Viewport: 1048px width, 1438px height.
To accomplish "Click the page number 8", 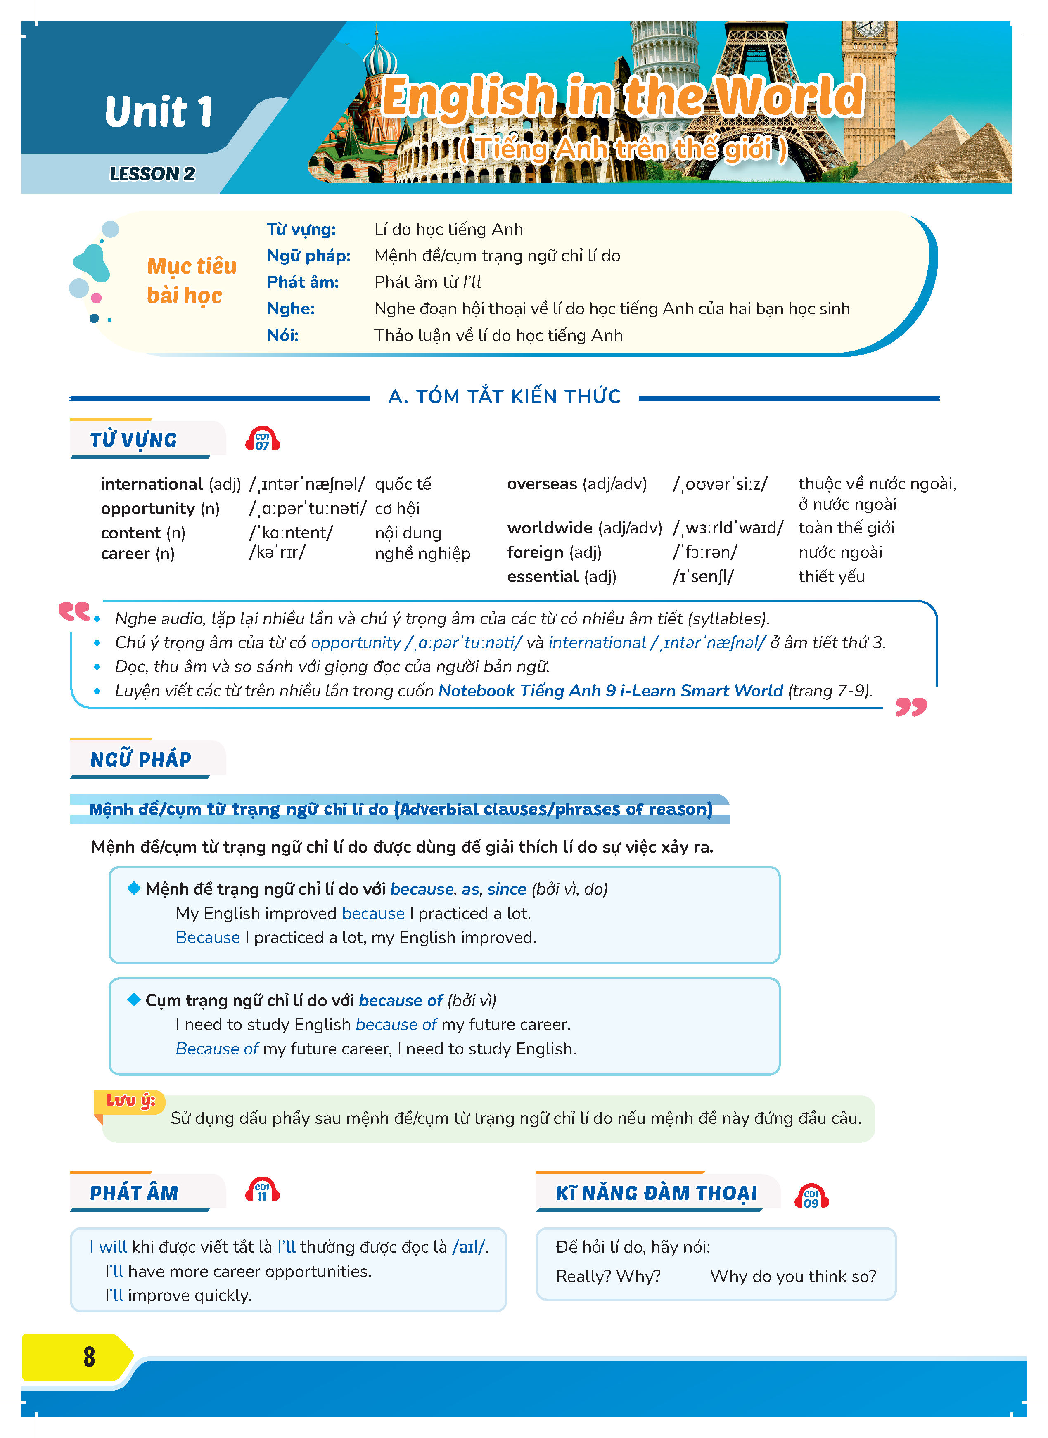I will click(x=89, y=1356).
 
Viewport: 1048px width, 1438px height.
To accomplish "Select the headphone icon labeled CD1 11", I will click(x=262, y=1191).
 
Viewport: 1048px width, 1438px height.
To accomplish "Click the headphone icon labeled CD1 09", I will click(x=811, y=1197).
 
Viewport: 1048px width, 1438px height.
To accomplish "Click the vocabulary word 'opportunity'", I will click(x=148, y=509).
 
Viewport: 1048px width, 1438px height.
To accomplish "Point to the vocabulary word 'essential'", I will click(x=543, y=577).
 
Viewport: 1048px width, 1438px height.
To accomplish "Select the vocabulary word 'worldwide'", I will click(x=549, y=528).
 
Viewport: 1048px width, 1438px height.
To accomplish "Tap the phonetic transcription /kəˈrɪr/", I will click(x=277, y=552).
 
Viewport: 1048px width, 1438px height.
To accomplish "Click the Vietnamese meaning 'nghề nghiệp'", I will click(x=422, y=554).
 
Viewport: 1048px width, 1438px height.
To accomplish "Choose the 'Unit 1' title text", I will click(x=159, y=112).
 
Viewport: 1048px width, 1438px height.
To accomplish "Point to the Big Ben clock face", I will click(x=870, y=28).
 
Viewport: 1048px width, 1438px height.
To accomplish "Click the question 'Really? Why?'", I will click(x=608, y=1276).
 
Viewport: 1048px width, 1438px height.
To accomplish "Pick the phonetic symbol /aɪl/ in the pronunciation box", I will click(x=469, y=1247).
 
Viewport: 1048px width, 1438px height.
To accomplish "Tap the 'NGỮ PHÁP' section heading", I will click(x=140, y=759).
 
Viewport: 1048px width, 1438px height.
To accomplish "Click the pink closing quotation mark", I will click(x=911, y=707).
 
